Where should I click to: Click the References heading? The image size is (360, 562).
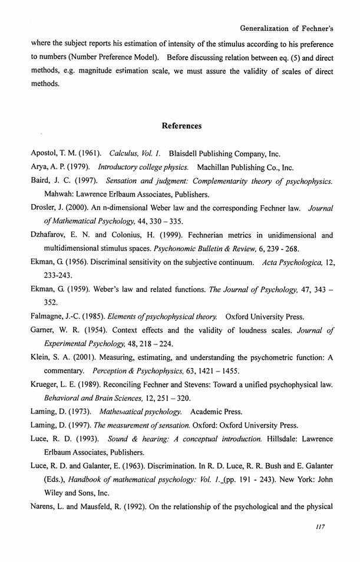click(x=181, y=126)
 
